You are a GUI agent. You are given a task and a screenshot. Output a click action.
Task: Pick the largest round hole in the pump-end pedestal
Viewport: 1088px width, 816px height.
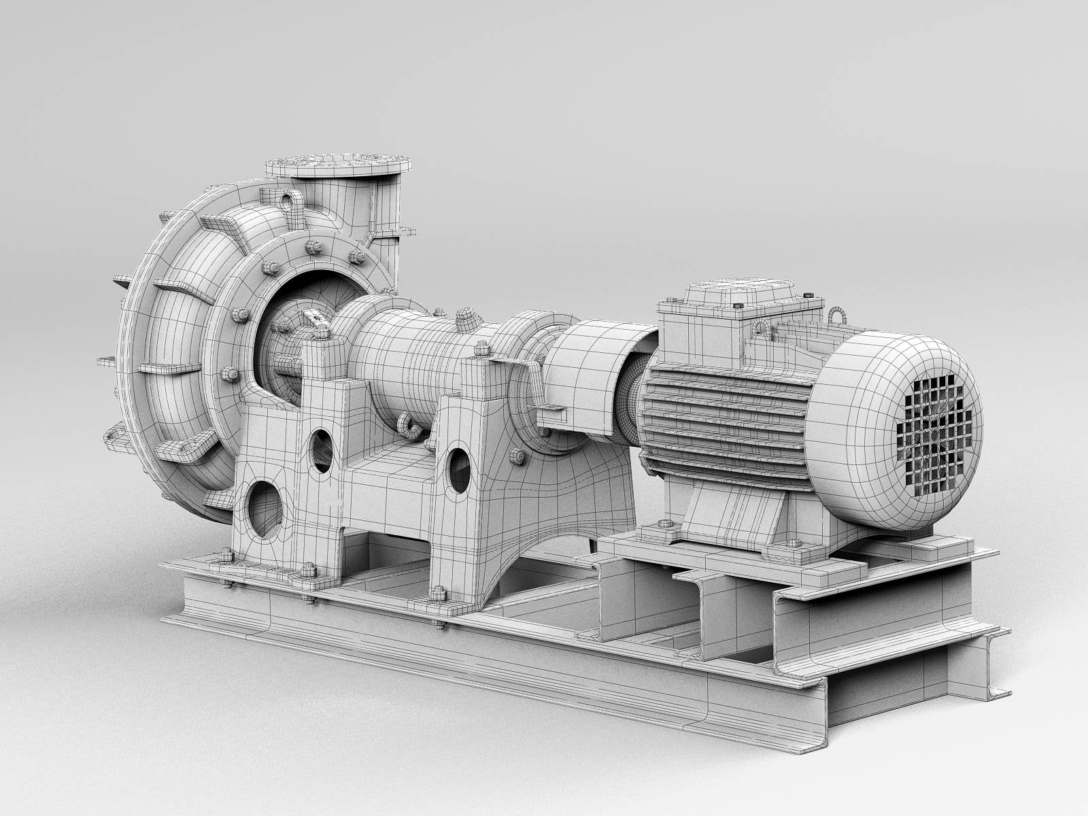(263, 508)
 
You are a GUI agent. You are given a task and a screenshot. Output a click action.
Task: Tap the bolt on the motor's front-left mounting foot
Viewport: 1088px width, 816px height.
(664, 525)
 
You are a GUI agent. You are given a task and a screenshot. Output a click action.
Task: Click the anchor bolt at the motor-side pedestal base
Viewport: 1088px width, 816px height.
(435, 601)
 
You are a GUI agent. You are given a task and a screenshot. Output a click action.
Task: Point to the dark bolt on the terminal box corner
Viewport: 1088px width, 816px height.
(807, 294)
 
